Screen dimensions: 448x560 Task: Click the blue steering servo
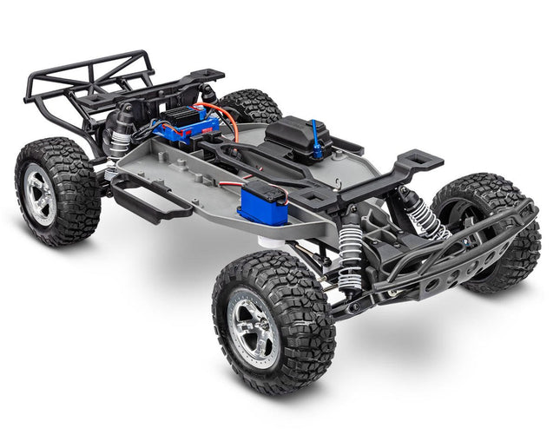[263, 206]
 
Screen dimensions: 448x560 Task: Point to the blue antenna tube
[318, 144]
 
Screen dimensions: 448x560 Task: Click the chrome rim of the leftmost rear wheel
[39, 193]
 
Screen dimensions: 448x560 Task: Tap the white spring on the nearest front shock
[351, 254]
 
